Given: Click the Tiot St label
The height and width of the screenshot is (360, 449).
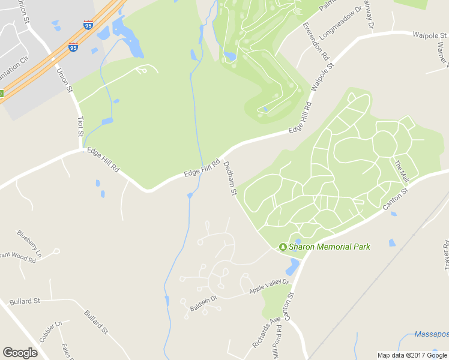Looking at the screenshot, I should [80, 127].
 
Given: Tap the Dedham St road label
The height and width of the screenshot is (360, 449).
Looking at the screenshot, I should [231, 178].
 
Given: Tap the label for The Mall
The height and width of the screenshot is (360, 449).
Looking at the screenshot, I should [401, 172].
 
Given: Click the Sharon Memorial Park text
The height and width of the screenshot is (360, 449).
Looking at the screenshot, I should [330, 247].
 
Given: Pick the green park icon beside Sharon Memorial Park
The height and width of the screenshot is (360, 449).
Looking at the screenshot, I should [283, 247].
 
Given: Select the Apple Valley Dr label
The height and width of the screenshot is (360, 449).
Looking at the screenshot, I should [269, 286].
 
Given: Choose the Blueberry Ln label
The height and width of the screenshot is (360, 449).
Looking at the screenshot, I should [29, 243].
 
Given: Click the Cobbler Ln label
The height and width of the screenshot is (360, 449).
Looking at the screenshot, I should [50, 332].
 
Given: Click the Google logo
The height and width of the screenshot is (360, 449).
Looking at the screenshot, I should [20, 353].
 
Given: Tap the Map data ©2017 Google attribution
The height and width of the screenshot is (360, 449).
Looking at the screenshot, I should [412, 355].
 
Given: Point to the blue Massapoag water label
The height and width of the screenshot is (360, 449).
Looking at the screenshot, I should [432, 334].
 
